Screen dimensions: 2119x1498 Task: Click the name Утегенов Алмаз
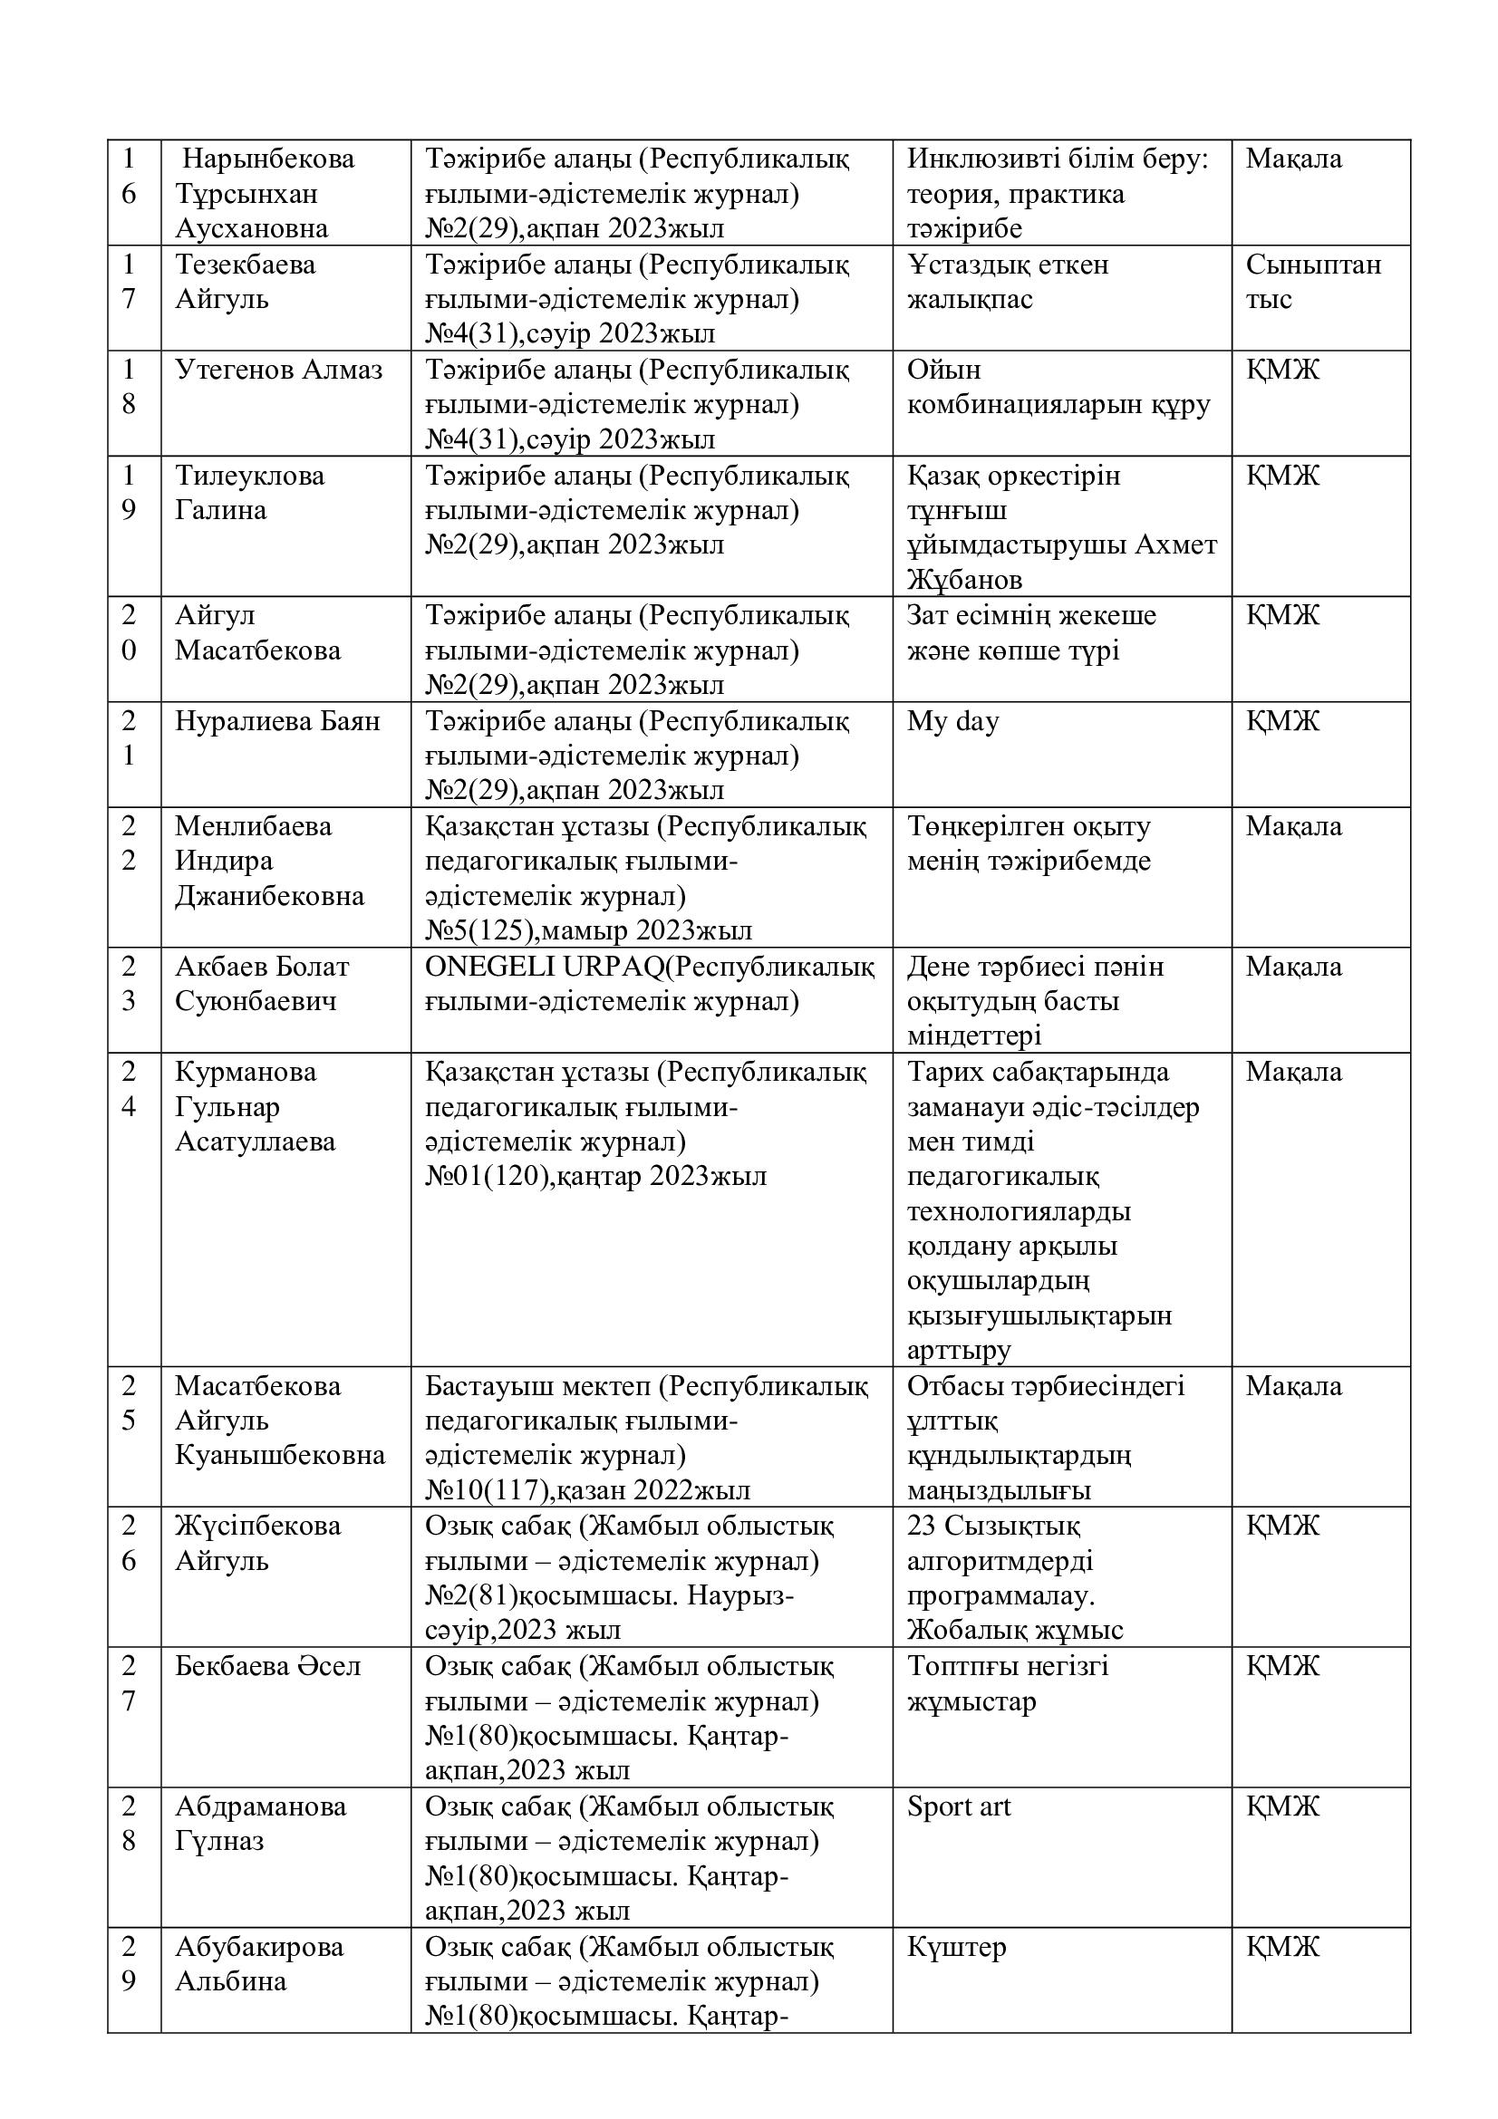coord(279,371)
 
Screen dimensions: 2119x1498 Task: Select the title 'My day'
coord(952,721)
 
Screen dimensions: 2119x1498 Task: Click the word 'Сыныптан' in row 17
coord(1312,265)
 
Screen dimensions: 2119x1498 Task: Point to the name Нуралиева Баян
coord(277,721)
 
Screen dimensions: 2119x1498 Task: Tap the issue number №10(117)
coord(487,1490)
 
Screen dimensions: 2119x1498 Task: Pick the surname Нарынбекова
coord(267,159)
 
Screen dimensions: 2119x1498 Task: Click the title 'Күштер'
coord(956,1948)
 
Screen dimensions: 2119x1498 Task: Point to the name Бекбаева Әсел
coord(267,1666)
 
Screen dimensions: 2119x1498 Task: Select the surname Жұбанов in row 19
coord(964,581)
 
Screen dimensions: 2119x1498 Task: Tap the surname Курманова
coord(246,1072)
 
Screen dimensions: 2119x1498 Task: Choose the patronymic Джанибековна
coord(269,896)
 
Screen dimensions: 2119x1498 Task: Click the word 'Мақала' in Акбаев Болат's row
coord(1293,967)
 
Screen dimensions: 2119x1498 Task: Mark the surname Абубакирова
coord(259,1948)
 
